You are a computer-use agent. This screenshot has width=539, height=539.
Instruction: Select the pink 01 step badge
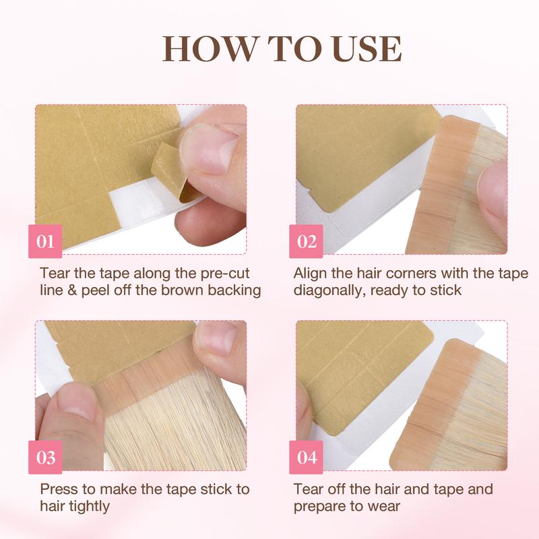46,241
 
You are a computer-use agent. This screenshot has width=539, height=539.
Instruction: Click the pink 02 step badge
307,241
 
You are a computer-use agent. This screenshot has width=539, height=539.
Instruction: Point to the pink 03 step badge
46,457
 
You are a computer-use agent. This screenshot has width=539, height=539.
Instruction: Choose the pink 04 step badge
307,457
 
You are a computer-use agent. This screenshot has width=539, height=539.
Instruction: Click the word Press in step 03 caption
59,489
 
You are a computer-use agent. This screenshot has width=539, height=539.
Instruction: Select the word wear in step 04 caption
405,506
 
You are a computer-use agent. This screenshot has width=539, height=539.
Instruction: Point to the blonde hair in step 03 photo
162,438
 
